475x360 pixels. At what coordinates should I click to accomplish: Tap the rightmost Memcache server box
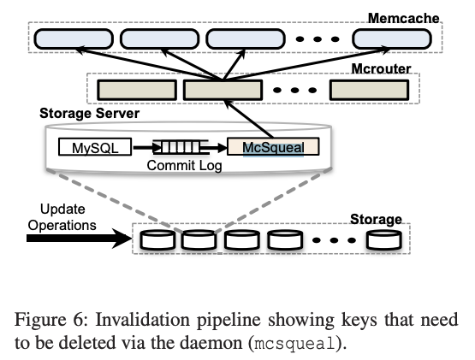point(393,38)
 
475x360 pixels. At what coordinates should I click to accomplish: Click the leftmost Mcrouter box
point(135,88)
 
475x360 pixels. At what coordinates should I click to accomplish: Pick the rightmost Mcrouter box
point(368,88)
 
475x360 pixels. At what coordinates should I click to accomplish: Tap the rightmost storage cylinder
point(381,240)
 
